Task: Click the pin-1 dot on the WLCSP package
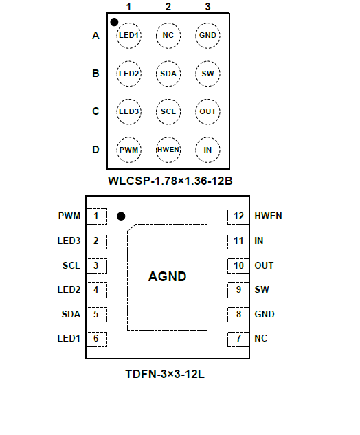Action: [114, 22]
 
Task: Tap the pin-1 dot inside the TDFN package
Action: [121, 216]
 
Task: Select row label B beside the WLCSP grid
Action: [95, 74]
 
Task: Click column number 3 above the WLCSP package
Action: [207, 7]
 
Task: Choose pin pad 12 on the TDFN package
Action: [238, 216]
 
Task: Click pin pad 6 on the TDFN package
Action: [96, 339]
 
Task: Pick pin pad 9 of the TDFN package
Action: [238, 290]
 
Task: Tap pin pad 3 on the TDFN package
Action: [96, 266]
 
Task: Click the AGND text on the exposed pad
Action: [167, 276]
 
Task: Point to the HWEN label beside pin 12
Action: [268, 216]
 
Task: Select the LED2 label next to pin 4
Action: [69, 289]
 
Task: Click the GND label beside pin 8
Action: [265, 314]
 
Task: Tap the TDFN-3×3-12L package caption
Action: [165, 375]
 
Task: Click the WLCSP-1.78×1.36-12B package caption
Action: [170, 181]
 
